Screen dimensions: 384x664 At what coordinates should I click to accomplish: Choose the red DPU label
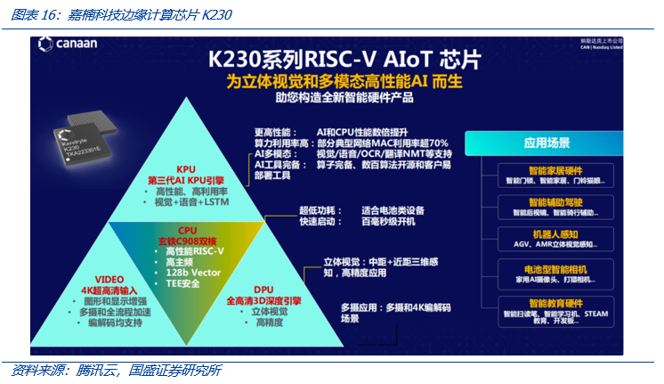point(264,290)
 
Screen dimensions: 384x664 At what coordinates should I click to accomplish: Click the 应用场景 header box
point(547,142)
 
